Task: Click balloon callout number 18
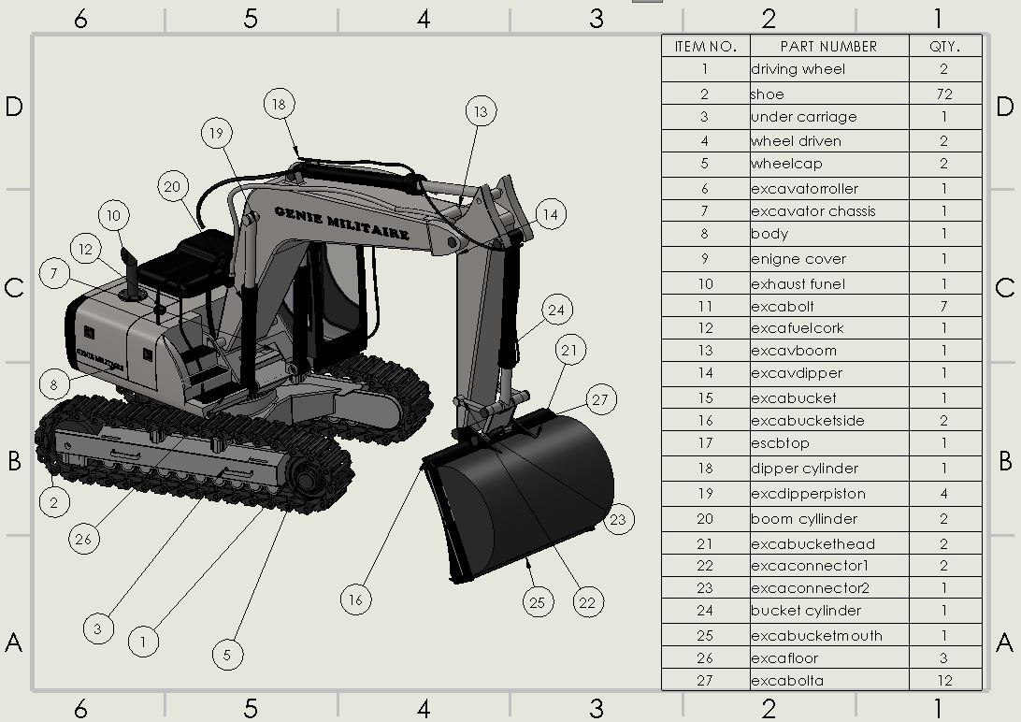click(279, 104)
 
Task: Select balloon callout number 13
click(480, 112)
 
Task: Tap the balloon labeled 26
click(84, 539)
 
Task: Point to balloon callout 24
click(557, 310)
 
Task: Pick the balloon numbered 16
click(354, 599)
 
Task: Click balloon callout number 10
click(113, 217)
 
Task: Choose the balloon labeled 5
click(227, 655)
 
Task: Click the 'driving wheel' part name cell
click(798, 69)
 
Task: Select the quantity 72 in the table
click(944, 94)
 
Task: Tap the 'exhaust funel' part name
click(798, 284)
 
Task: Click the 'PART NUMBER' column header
click(828, 46)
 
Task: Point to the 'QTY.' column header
click(944, 46)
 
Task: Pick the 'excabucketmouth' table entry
click(816, 636)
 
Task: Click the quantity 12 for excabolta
click(944, 681)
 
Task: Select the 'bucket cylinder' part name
click(806, 611)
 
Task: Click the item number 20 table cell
click(705, 519)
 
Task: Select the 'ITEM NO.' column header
click(705, 46)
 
